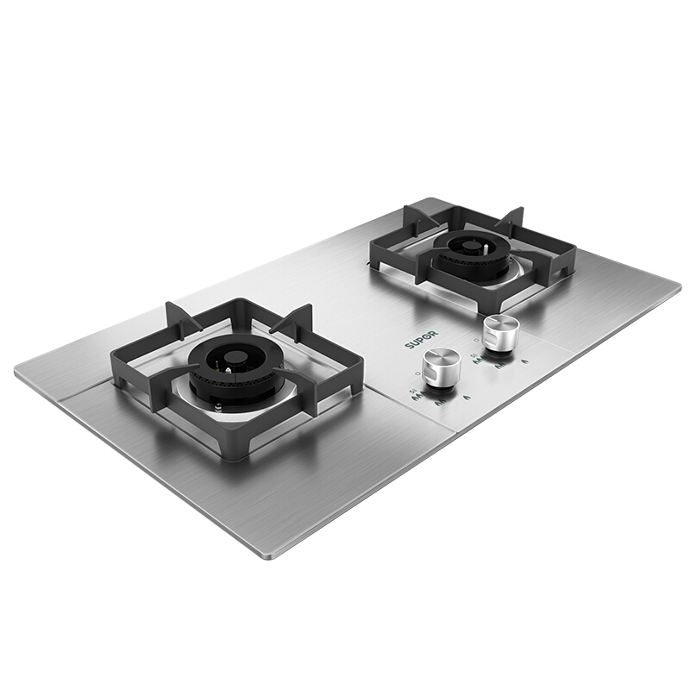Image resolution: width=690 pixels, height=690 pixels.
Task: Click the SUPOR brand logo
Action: [421, 339]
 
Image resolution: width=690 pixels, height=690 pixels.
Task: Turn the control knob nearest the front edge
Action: [441, 368]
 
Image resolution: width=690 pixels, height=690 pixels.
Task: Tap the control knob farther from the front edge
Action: [501, 334]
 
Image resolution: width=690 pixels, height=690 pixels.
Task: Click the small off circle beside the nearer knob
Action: [417, 373]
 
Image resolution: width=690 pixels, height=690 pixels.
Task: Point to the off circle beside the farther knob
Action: [476, 340]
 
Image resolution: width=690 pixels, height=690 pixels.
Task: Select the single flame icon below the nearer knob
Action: [467, 398]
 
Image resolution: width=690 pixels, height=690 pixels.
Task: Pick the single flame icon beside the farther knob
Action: [524, 361]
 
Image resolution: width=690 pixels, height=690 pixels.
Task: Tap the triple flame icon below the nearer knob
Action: [418, 395]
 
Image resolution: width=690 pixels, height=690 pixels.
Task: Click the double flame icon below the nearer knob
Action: [441, 402]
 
